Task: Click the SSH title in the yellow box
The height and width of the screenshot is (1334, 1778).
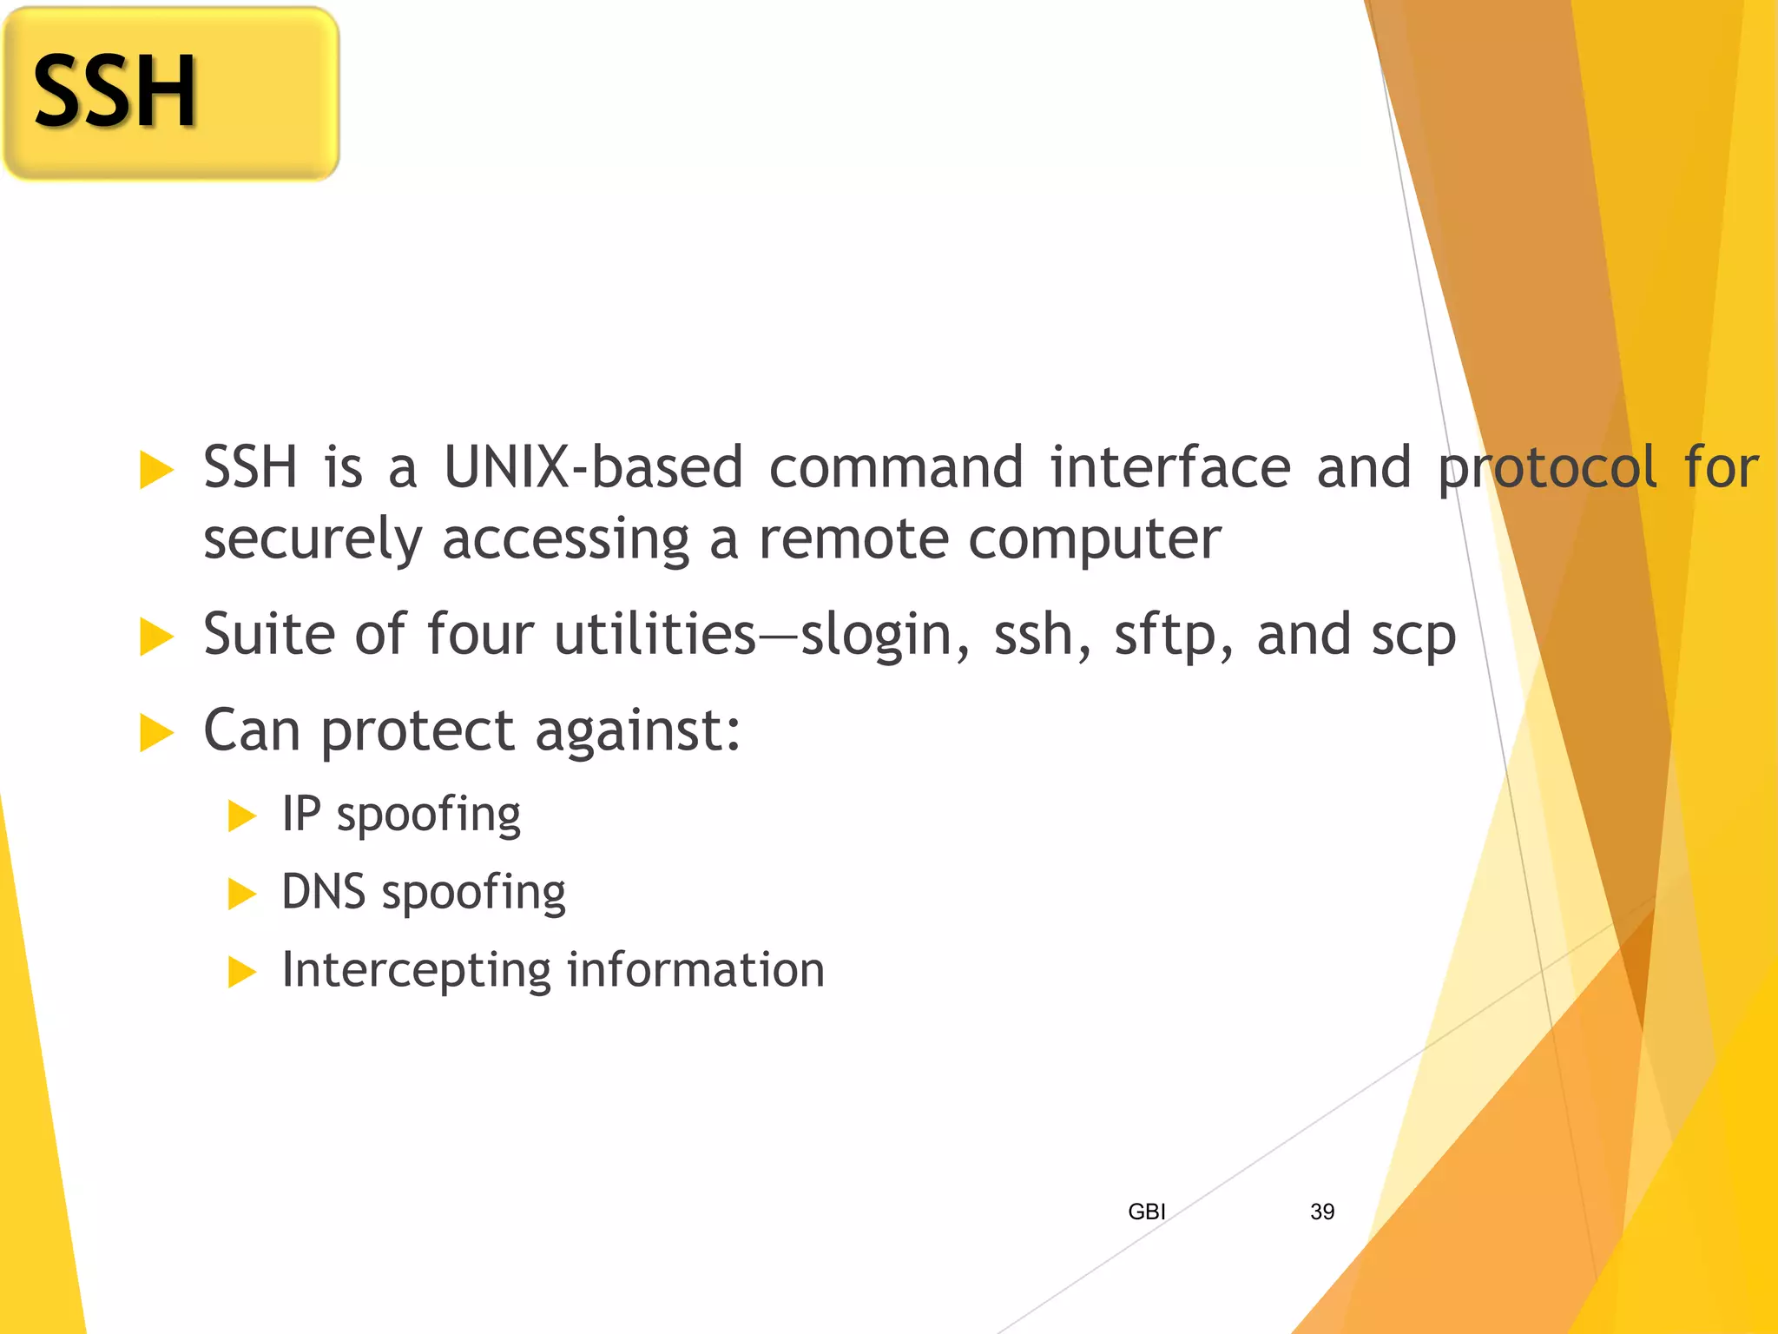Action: [x=115, y=92]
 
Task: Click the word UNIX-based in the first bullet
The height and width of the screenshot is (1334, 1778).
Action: [x=593, y=467]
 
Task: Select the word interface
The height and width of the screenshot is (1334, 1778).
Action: [x=1170, y=467]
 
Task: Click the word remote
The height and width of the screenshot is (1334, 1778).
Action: [x=854, y=539]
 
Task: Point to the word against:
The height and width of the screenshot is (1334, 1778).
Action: [x=637, y=731]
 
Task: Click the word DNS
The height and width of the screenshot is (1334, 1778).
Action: [x=324, y=892]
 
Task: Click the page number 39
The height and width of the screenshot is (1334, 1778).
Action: [x=1321, y=1212]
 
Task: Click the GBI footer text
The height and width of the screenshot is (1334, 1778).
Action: [x=1146, y=1212]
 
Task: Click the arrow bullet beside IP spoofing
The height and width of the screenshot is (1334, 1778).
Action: [x=241, y=816]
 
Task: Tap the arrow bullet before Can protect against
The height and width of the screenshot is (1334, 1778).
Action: [x=156, y=732]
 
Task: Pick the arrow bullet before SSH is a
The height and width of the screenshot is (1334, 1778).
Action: [x=156, y=470]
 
